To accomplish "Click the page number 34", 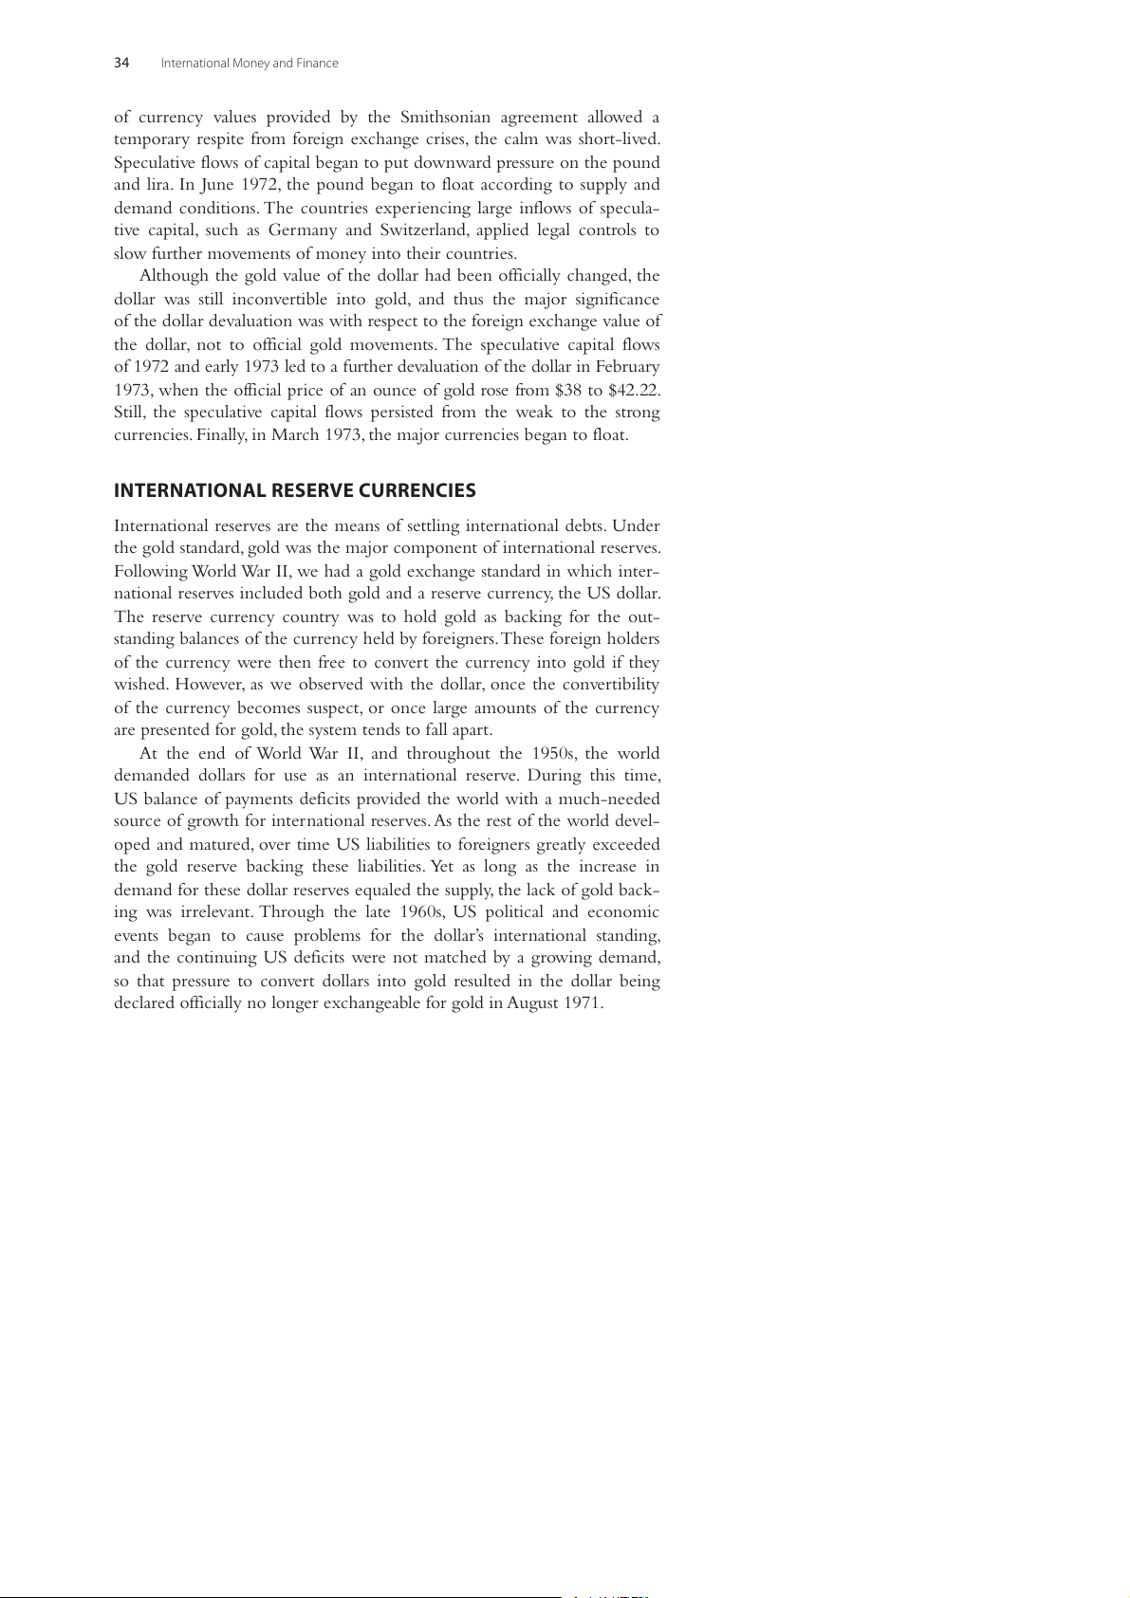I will pyautogui.click(x=121, y=64).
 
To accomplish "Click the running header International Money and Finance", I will pyautogui.click(x=250, y=64).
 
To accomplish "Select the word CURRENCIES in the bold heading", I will pyautogui.click(x=421, y=490).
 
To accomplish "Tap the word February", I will pyautogui.click(x=627, y=367).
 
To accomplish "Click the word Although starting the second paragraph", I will pyautogui.click(x=174, y=276).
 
